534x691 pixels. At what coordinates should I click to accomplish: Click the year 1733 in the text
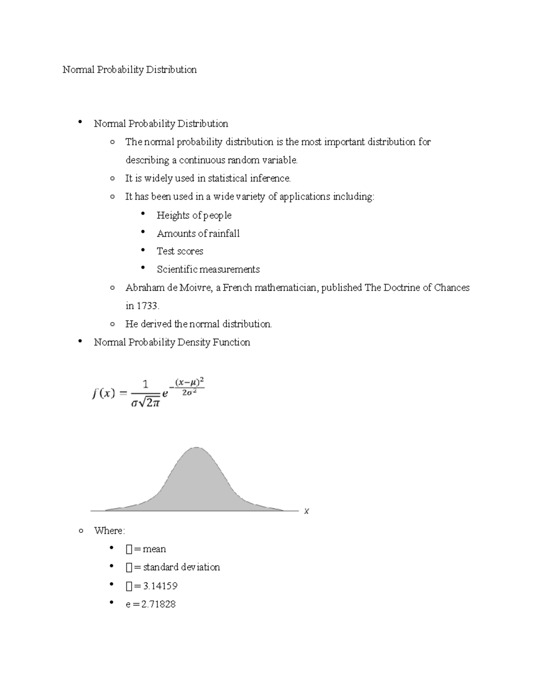click(x=147, y=306)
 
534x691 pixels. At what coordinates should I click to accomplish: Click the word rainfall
click(x=224, y=234)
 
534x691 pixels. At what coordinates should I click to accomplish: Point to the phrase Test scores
click(x=180, y=251)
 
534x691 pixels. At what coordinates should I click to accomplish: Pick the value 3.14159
click(x=160, y=586)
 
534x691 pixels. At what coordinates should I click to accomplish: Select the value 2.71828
click(x=158, y=604)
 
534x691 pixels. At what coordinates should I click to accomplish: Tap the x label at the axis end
click(x=306, y=511)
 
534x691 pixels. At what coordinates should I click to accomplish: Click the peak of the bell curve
click(x=196, y=448)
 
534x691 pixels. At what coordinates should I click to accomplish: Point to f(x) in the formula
click(x=104, y=394)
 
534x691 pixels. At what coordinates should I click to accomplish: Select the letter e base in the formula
click(x=165, y=394)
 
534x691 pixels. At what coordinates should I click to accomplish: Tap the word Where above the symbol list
click(x=109, y=531)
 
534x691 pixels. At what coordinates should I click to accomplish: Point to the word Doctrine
click(x=401, y=288)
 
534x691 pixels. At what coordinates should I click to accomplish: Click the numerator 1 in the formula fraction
click(x=145, y=384)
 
